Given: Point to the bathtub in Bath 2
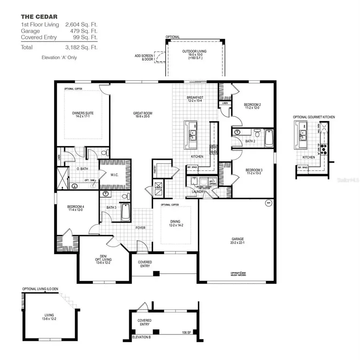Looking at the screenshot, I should pos(268,139).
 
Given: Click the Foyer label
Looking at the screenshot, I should pos(140,228).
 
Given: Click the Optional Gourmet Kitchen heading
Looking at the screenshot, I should pos(314,117).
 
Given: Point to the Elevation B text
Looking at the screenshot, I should pos(143,337).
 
